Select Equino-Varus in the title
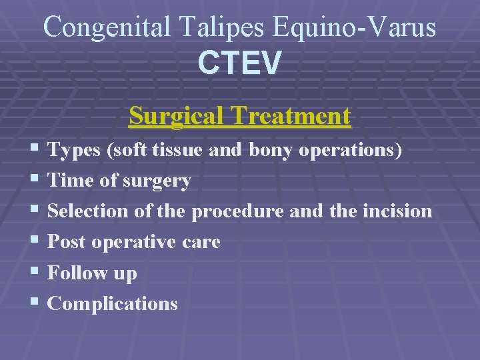(353, 27)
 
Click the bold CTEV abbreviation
(239, 63)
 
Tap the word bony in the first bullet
(272, 151)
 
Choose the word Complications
(113, 303)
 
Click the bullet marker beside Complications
(35, 303)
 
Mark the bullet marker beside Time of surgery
(35, 181)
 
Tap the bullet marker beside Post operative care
(35, 242)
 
